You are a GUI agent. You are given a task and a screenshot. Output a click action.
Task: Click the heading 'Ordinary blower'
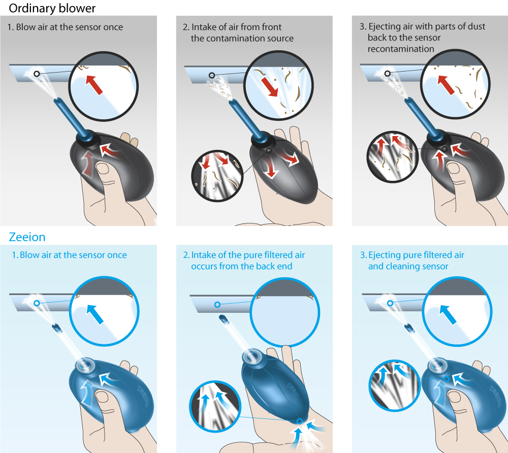[52, 8]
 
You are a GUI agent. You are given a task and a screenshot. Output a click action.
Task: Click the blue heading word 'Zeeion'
[27, 237]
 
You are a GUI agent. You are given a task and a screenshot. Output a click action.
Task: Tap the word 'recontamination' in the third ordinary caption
[401, 49]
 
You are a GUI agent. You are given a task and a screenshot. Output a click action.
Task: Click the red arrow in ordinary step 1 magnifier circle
[94, 85]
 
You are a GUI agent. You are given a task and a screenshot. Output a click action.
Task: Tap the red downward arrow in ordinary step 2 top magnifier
[270, 86]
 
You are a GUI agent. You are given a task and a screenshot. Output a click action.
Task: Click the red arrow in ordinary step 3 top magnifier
[446, 85]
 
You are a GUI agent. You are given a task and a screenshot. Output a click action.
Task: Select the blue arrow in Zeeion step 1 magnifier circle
[95, 314]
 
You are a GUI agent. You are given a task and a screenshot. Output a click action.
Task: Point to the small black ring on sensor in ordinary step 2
[211, 75]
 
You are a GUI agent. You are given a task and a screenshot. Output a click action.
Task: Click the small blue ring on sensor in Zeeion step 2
[217, 304]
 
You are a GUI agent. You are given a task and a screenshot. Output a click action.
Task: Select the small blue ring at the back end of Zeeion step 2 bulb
[300, 421]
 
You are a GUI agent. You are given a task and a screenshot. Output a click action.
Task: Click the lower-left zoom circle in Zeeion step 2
[215, 406]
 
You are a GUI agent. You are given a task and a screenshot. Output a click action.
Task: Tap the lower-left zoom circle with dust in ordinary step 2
[217, 176]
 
